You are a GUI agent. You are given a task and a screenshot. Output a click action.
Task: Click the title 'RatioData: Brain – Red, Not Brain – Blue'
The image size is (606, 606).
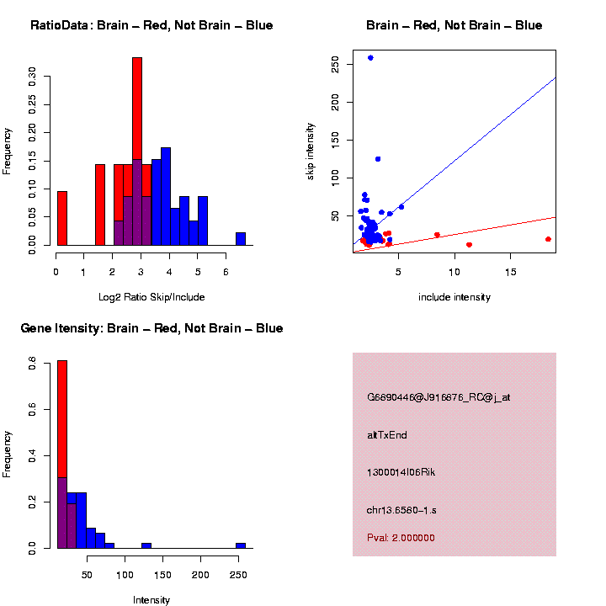point(151,25)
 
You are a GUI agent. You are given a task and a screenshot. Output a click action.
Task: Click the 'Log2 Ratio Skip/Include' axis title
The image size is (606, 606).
point(151,297)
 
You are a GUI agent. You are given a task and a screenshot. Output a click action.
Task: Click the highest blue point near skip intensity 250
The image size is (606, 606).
point(370,58)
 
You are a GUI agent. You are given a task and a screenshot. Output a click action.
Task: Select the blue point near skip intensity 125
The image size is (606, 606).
point(378,159)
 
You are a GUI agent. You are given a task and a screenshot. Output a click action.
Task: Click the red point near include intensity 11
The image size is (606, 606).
point(469,245)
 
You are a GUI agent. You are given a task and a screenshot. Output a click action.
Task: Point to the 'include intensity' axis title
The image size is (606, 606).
point(454,297)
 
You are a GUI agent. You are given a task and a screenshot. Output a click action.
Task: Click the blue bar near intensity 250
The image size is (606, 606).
point(241,545)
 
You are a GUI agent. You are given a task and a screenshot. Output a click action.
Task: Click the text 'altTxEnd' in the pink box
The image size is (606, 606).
point(387,435)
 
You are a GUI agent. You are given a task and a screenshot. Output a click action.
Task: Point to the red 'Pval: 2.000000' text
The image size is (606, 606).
point(401,538)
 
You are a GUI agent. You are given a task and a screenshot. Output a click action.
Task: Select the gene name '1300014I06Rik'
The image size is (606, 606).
point(401,472)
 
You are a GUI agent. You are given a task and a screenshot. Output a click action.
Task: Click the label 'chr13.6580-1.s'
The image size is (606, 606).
point(401,510)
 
